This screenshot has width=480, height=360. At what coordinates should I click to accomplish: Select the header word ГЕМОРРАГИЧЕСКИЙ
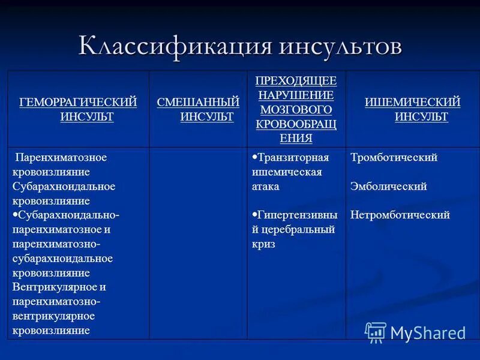(x=79, y=102)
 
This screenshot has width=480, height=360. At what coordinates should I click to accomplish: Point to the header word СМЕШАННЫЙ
(x=198, y=102)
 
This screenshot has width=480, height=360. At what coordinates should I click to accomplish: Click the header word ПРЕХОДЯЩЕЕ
(x=296, y=80)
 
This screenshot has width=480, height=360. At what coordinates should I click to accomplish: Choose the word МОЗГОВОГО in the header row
(x=296, y=110)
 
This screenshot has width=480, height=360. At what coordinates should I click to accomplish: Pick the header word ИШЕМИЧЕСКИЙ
(x=413, y=102)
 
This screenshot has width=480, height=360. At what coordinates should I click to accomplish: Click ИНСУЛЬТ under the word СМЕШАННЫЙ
(x=207, y=116)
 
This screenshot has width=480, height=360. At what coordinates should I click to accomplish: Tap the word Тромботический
(x=394, y=158)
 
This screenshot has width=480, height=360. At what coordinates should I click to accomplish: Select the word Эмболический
(x=388, y=187)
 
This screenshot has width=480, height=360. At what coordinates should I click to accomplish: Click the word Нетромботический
(x=400, y=215)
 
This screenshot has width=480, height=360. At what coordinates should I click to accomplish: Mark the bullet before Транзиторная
(x=254, y=156)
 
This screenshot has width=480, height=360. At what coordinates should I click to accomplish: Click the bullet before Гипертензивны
(x=254, y=213)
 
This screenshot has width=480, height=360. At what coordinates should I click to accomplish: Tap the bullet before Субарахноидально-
(x=15, y=213)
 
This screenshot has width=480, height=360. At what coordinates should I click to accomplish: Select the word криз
(x=263, y=244)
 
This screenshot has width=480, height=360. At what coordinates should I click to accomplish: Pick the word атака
(x=265, y=187)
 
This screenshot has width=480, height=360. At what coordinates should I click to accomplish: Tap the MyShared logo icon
(x=376, y=332)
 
